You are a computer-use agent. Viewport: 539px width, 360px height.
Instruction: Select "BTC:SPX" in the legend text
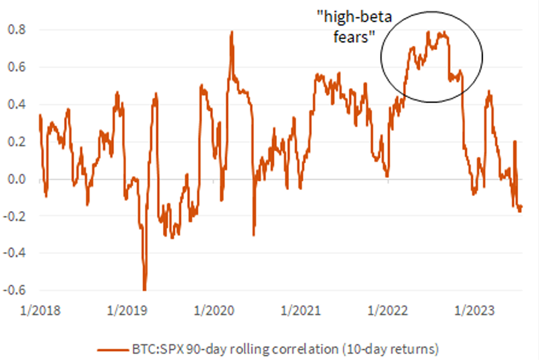(151, 349)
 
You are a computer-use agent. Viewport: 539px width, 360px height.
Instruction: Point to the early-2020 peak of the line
(232, 32)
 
